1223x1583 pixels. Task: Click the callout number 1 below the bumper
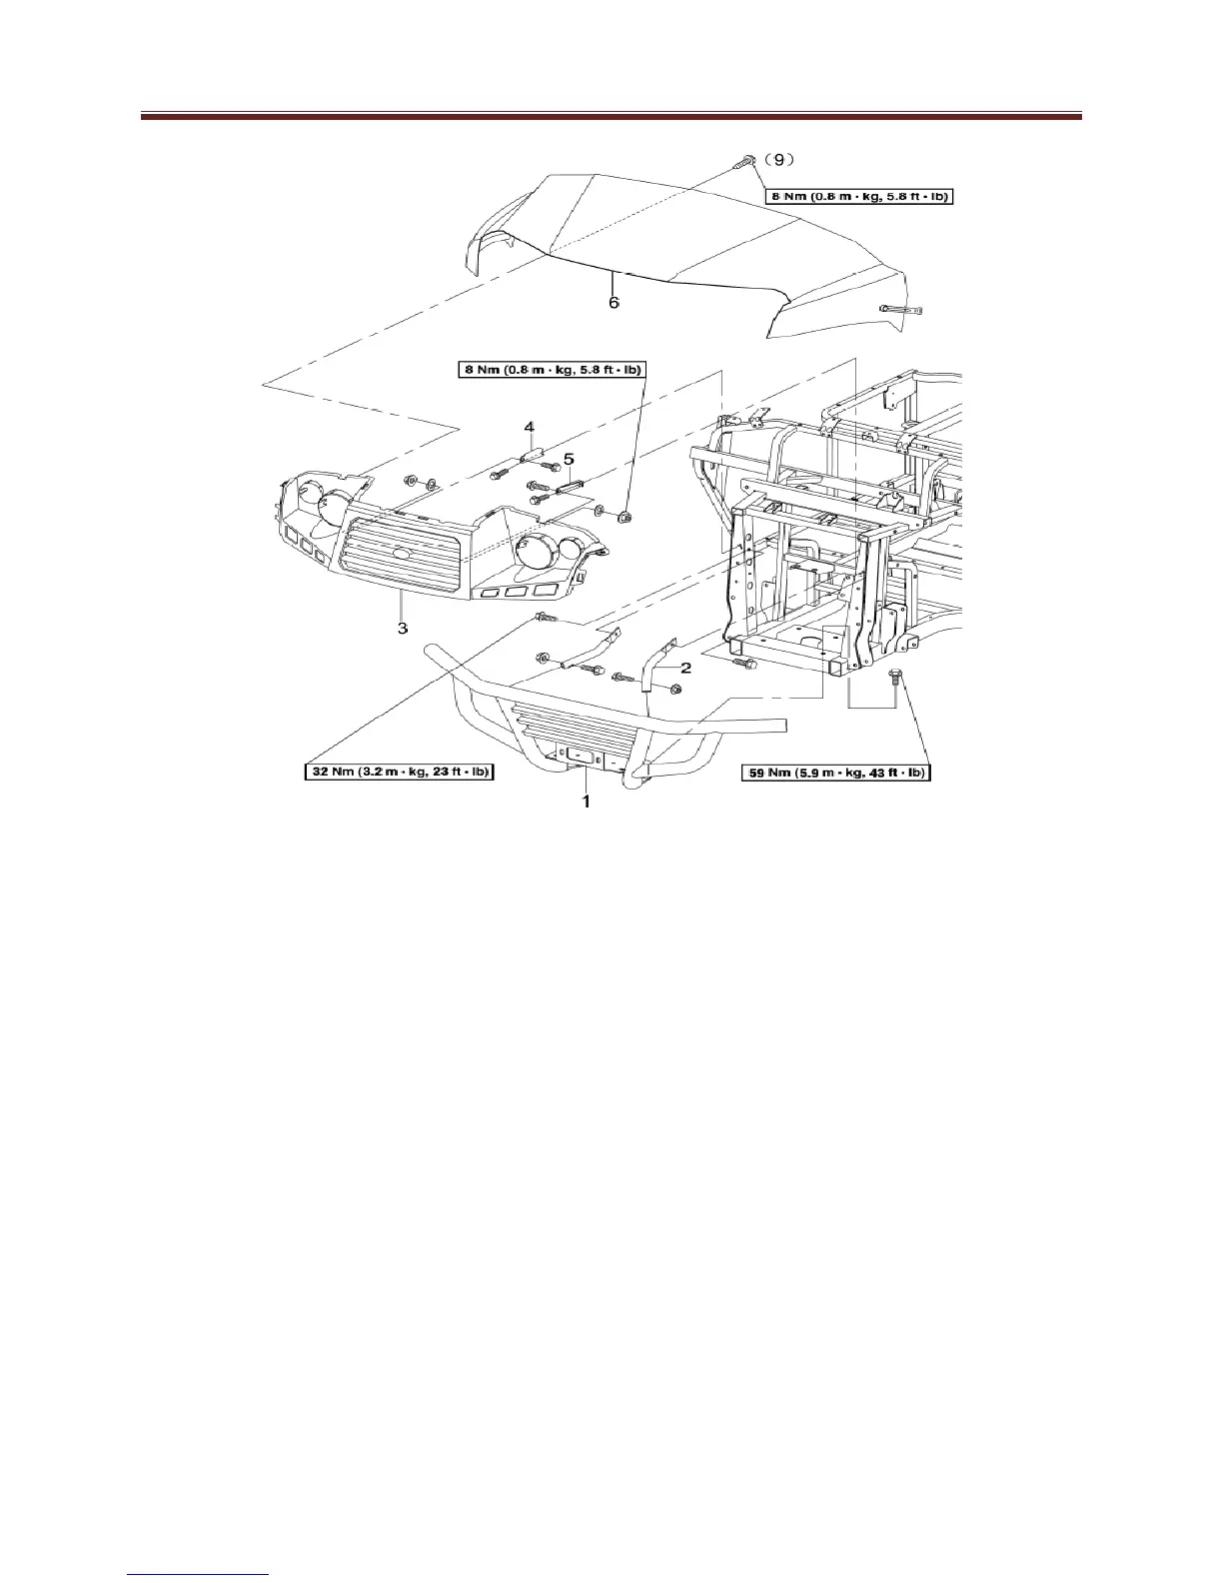[x=586, y=800]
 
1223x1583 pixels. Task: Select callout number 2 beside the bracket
[x=686, y=666]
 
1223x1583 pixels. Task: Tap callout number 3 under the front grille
[x=402, y=629]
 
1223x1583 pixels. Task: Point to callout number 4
[x=532, y=428]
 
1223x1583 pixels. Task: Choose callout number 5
[x=569, y=459]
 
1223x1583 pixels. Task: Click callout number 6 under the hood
[x=613, y=302]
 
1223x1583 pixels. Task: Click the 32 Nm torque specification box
[x=400, y=773]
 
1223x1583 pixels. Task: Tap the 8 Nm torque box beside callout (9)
[x=859, y=197]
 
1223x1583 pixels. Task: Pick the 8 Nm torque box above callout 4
[x=546, y=370]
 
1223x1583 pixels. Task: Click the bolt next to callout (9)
[x=746, y=160]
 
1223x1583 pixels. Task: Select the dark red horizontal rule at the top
[x=611, y=117]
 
